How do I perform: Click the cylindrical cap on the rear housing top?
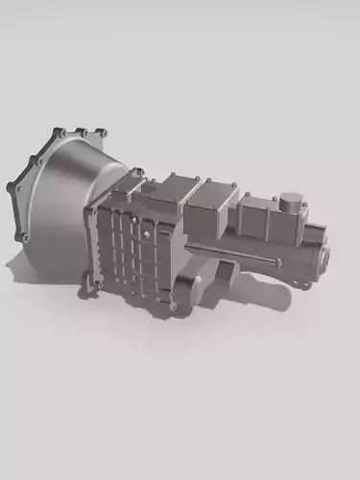291,204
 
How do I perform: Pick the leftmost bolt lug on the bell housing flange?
12,188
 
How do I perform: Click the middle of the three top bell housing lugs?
82,132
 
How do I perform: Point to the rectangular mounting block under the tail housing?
223,273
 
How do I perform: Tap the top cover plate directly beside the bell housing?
179,192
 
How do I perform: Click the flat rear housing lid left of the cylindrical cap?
257,213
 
